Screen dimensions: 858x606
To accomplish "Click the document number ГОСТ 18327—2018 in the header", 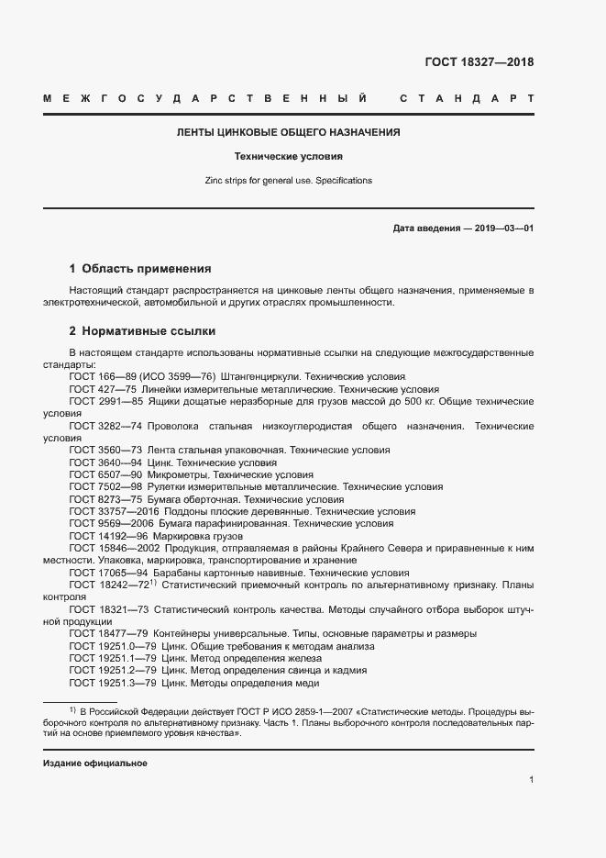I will tap(479, 62).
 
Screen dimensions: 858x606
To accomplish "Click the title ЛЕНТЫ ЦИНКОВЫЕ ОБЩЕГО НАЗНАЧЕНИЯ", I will tap(289, 132).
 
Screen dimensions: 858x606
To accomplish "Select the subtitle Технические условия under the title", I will tap(289, 156).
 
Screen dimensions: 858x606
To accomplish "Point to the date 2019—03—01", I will tap(503, 228).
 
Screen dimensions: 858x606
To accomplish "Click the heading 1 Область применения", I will tap(140, 269).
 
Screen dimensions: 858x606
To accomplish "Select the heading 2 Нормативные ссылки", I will tap(142, 330).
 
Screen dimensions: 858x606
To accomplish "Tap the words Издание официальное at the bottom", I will tap(95, 763).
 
